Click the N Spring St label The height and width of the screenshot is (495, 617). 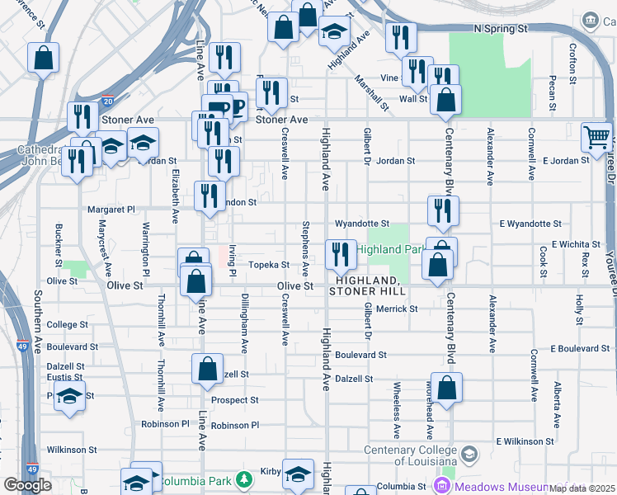point(501,29)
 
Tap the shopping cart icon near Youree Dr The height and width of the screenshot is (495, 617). point(596,136)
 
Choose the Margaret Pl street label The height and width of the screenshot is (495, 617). point(111,210)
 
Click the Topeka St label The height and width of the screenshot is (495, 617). point(270,265)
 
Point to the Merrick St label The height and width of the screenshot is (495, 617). point(398,309)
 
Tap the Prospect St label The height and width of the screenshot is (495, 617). point(235,400)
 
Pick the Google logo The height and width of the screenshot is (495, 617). point(27,484)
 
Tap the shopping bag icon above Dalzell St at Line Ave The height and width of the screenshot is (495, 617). point(208,368)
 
